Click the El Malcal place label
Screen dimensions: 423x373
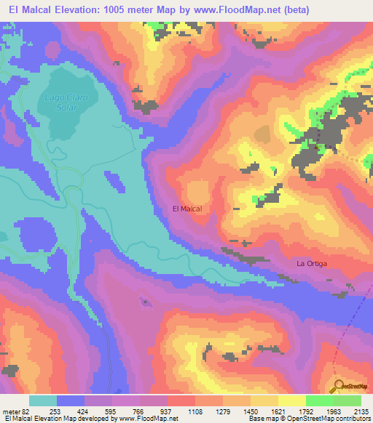coord(186,209)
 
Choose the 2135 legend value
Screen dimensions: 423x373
coord(361,411)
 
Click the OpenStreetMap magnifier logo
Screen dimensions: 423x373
coord(337,386)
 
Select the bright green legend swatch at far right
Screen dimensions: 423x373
coord(348,400)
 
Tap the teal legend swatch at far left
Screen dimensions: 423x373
coord(43,400)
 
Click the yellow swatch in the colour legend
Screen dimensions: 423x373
coord(292,400)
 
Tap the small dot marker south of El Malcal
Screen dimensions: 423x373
coord(145,301)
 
